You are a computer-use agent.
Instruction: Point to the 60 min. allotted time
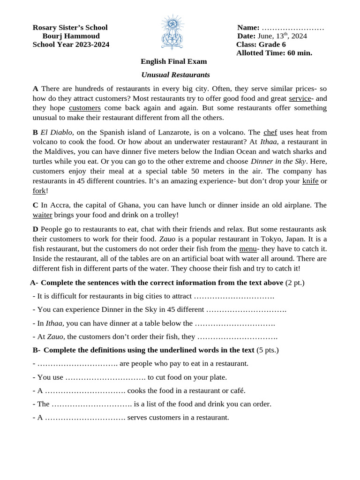click(x=299, y=53)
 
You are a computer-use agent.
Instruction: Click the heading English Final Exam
click(x=173, y=61)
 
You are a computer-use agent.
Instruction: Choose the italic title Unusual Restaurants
click(x=175, y=75)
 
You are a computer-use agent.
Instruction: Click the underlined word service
click(x=300, y=98)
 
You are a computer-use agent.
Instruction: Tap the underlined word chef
click(x=270, y=132)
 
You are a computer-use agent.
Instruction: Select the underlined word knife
click(x=310, y=181)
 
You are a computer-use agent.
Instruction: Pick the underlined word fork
click(x=39, y=191)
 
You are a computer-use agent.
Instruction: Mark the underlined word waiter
click(x=42, y=215)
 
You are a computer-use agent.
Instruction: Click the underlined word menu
click(x=247, y=249)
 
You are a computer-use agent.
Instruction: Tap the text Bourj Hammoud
click(x=71, y=36)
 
